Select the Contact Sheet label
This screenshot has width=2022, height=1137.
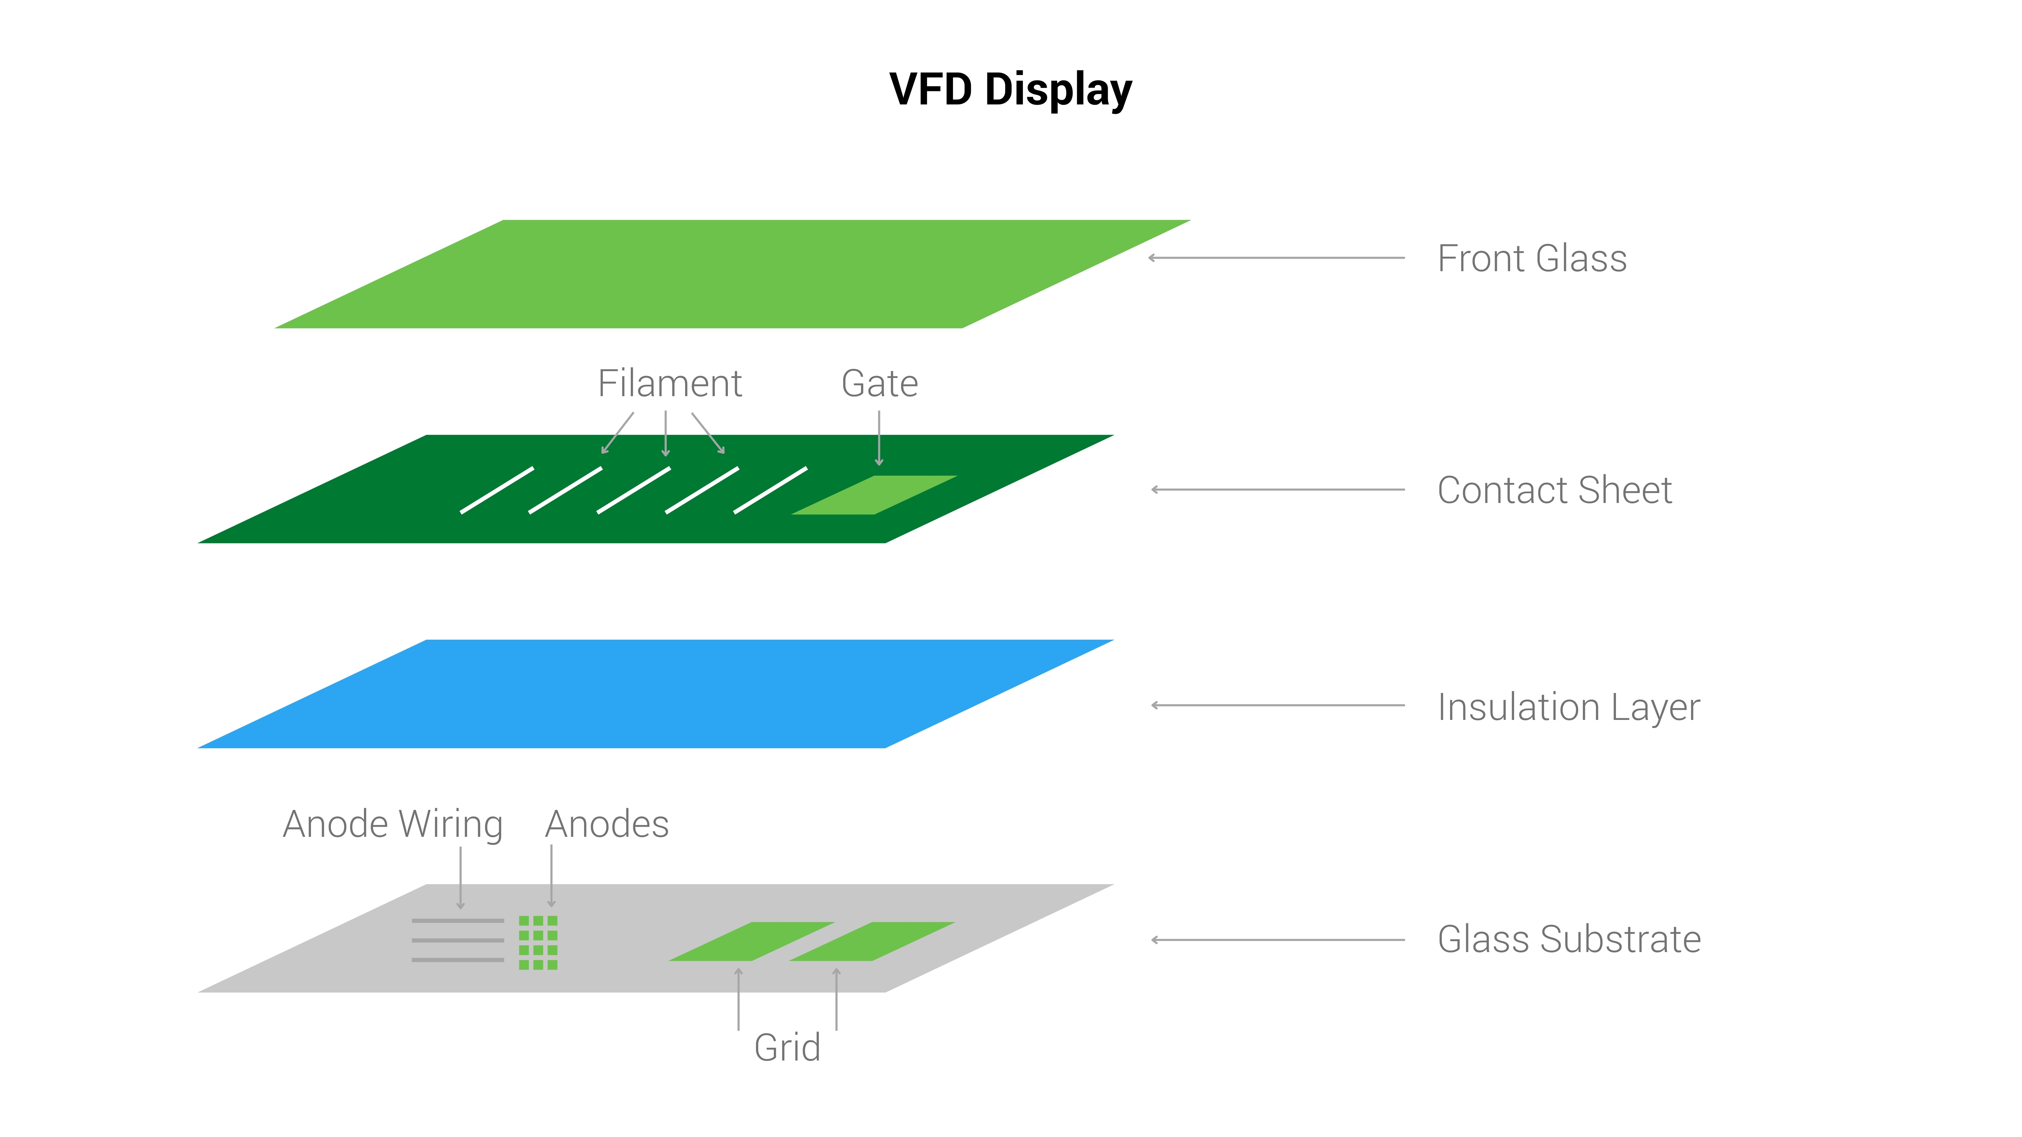click(1554, 491)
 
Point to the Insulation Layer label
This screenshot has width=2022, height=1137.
click(1568, 707)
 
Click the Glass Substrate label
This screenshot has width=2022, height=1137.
click(1568, 939)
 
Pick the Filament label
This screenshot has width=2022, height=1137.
click(670, 384)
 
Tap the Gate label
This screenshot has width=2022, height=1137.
click(879, 384)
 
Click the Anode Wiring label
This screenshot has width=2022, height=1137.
click(393, 825)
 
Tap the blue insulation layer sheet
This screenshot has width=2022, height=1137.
click(655, 694)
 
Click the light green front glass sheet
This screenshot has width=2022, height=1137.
click(732, 274)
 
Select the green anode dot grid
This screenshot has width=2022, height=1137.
click(539, 942)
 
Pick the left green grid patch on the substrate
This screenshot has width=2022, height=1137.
click(751, 942)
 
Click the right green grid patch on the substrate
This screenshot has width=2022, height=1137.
click(872, 942)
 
